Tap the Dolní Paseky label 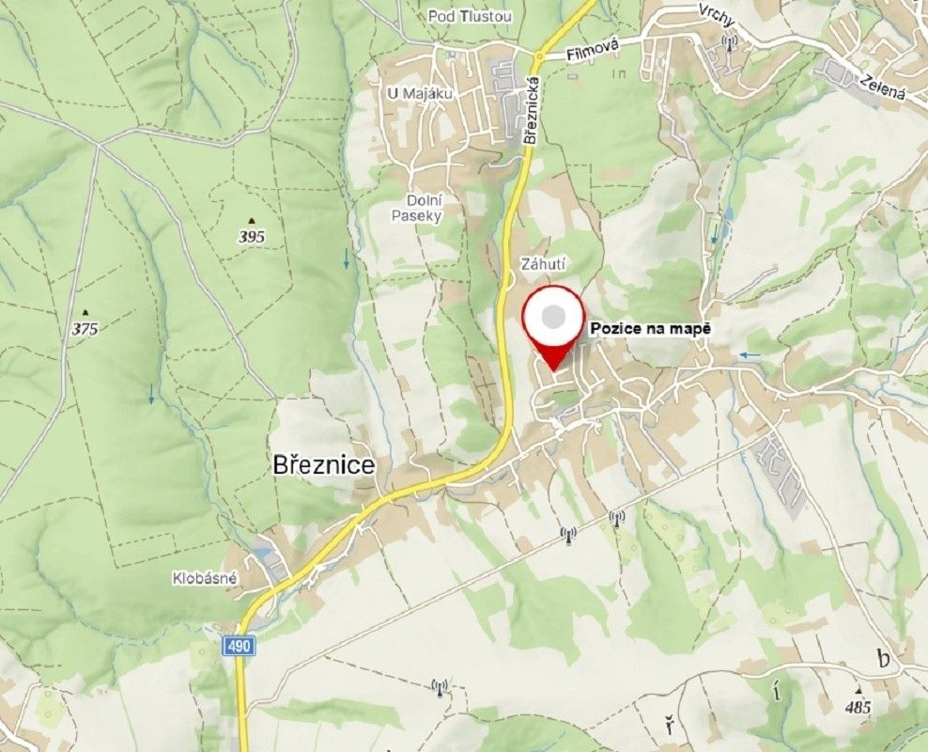point(416,208)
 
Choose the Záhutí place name point(539,265)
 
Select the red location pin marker point(554,324)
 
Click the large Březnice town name point(323,464)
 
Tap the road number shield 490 point(239,647)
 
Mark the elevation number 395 point(251,237)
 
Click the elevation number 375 point(85,329)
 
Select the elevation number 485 point(858,708)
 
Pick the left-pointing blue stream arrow point(749,354)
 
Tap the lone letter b point(882,659)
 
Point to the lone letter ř point(669,725)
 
